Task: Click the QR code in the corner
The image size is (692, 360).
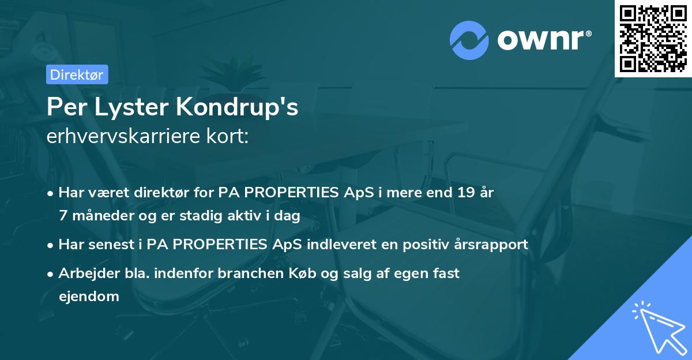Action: tap(653, 38)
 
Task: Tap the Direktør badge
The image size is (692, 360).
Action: tap(77, 74)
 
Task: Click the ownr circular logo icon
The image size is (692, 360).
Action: tap(469, 40)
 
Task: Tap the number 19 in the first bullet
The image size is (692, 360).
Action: tap(464, 193)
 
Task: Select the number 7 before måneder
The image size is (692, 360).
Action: tap(63, 215)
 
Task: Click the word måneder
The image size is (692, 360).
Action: tap(98, 215)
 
